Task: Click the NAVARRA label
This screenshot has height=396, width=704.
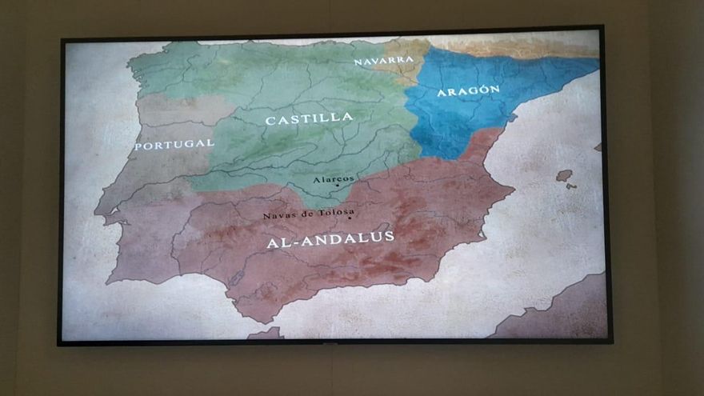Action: [384, 60]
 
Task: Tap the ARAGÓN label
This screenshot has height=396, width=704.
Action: [468, 91]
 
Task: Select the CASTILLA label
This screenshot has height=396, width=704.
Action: [309, 118]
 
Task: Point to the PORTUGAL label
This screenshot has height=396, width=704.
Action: [174, 144]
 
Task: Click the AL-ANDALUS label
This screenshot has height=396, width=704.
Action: [330, 238]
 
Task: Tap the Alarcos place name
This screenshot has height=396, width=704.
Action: [334, 179]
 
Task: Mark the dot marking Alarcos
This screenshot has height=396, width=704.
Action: [338, 186]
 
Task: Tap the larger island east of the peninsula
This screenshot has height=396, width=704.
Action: [564, 175]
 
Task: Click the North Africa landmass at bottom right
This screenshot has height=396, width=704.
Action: [560, 316]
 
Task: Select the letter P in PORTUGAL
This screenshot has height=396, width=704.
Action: [138, 146]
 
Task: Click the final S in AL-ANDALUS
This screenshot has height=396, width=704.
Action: [389, 236]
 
